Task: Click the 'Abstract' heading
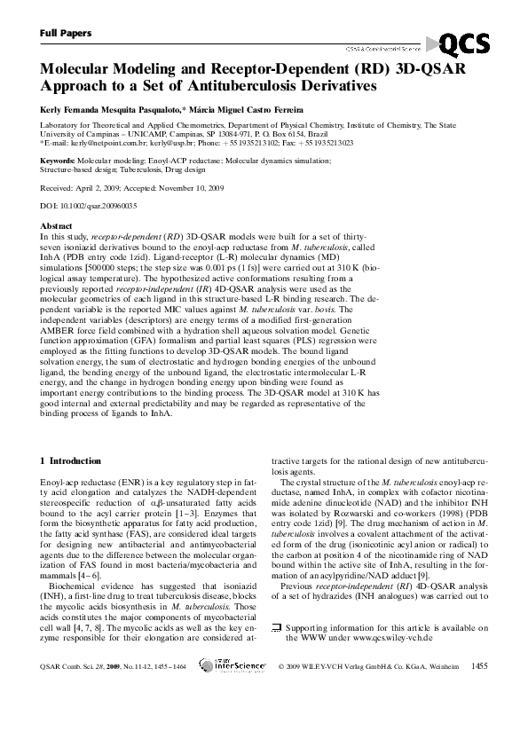coord(57,226)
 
